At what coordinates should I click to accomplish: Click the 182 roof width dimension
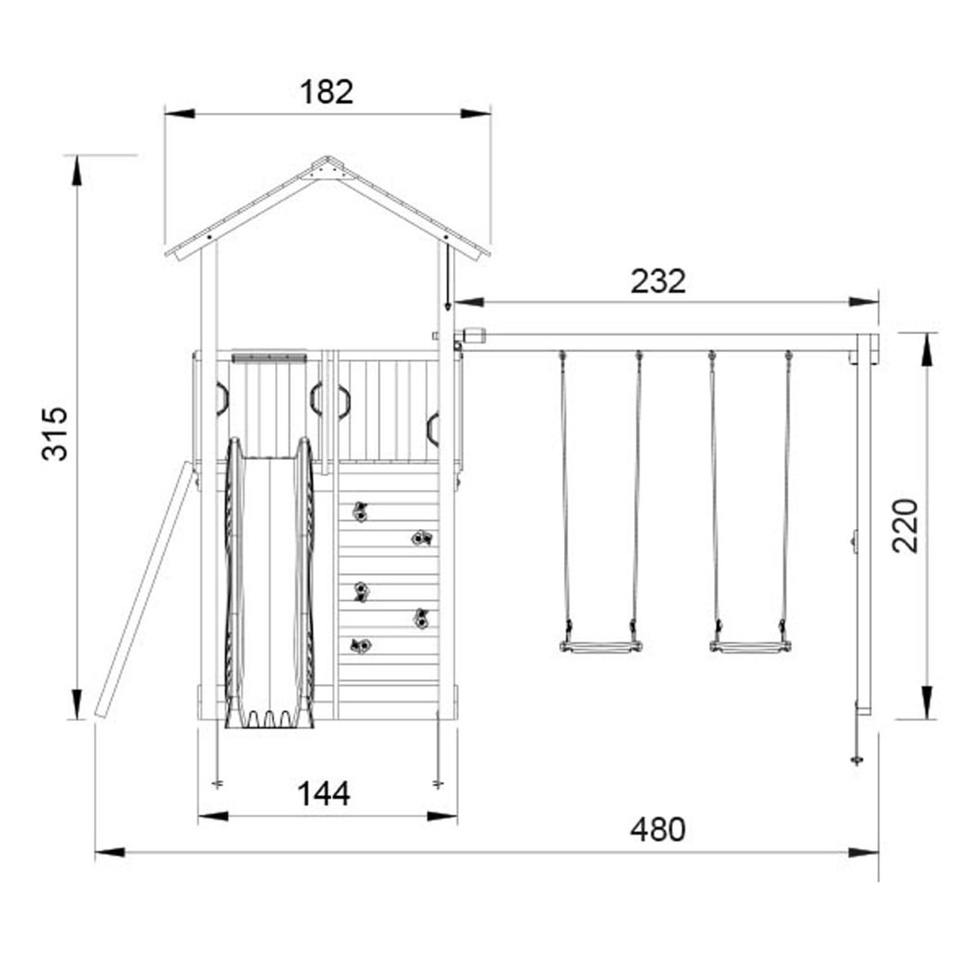326,92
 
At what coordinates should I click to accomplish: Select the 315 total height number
55,433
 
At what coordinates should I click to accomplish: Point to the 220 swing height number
905,526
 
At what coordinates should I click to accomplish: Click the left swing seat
601,647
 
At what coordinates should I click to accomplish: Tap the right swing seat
750,647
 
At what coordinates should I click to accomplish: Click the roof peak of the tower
328,157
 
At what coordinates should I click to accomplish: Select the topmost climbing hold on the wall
360,512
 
